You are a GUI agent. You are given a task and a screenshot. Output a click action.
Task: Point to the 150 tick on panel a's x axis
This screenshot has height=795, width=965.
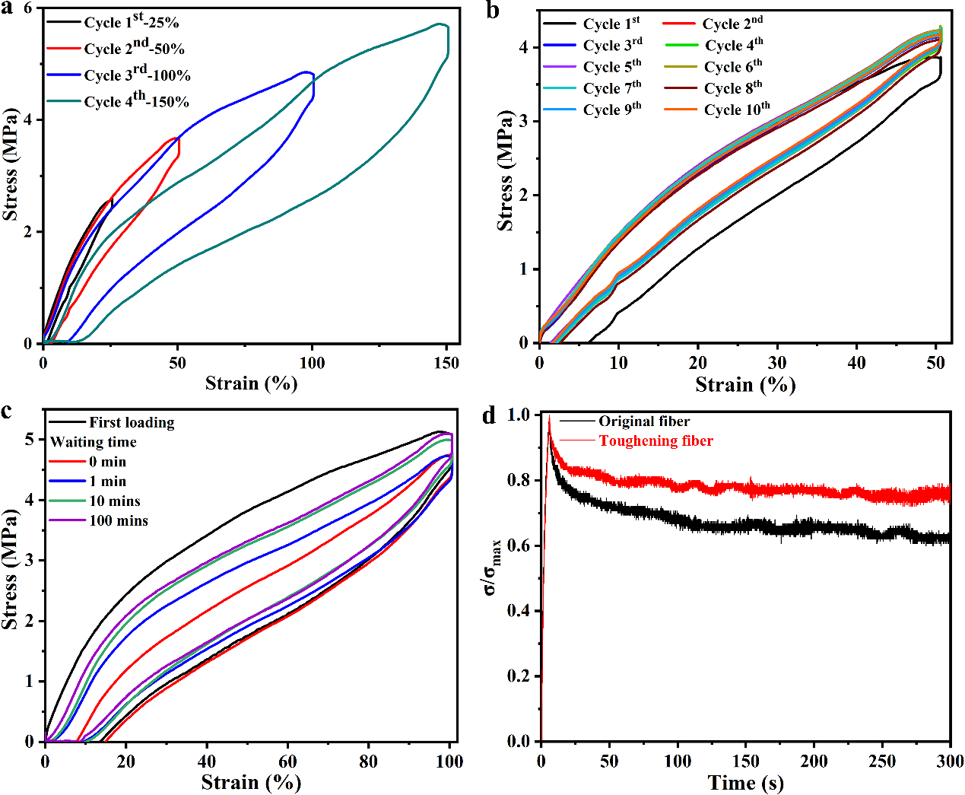(x=446, y=363)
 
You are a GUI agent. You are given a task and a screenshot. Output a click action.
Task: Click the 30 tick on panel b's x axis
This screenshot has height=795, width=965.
(x=777, y=363)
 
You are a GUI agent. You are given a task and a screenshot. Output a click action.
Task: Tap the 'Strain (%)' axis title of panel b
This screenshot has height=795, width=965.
(x=745, y=384)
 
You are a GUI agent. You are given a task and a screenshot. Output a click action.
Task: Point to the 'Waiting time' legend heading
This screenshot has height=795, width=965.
(x=94, y=442)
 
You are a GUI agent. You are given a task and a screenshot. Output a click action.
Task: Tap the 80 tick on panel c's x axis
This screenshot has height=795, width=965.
(x=368, y=762)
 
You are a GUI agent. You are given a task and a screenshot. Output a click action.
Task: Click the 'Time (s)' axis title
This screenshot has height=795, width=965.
(x=745, y=783)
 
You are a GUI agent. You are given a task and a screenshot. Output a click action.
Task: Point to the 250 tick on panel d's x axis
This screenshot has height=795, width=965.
(x=882, y=762)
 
